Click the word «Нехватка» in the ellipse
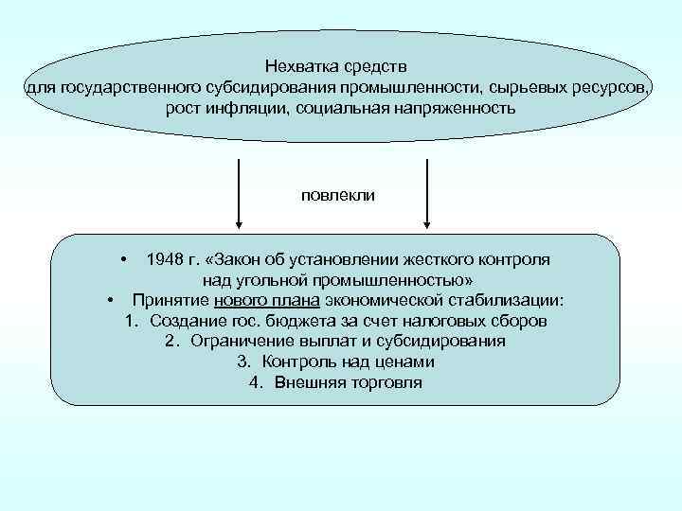pyautogui.click(x=299, y=67)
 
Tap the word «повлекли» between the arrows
pyautogui.click(x=338, y=195)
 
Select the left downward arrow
pyautogui.click(x=239, y=194)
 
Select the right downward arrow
pyautogui.click(x=428, y=194)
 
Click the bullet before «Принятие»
pyautogui.click(x=111, y=300)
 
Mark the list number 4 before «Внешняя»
pyautogui.click(x=254, y=383)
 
